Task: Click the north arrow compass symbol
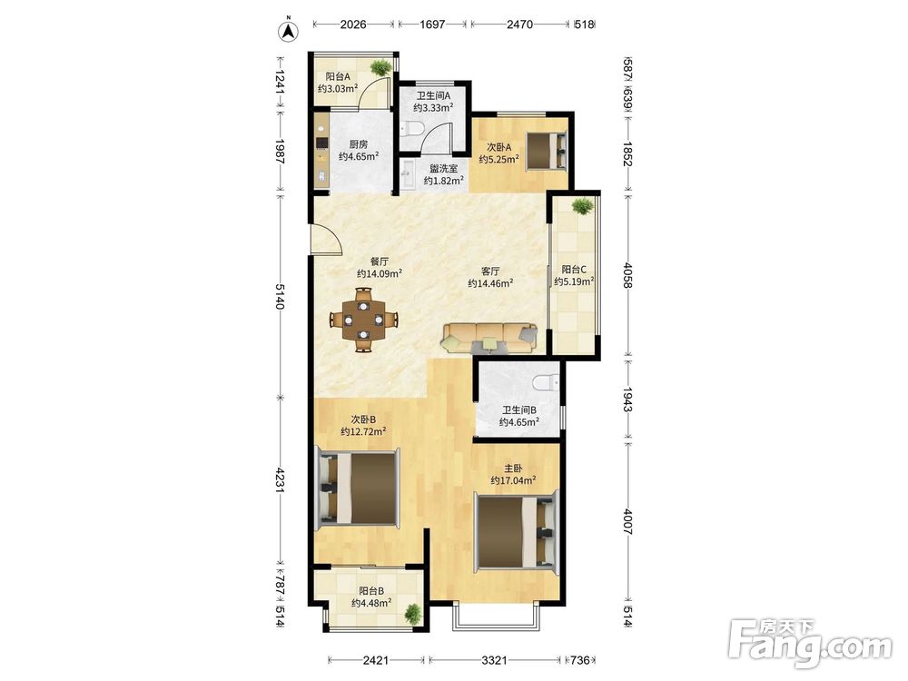click(288, 31)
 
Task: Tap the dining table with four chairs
click(363, 319)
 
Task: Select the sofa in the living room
click(490, 338)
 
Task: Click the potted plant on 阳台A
click(380, 68)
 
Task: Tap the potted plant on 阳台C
click(582, 205)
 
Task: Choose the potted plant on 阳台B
click(413, 613)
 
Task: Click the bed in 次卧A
click(546, 151)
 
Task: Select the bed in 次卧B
click(357, 490)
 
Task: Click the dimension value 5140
click(281, 297)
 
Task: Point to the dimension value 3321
click(495, 659)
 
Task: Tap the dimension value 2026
click(353, 25)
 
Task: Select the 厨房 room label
click(358, 144)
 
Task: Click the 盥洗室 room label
click(444, 169)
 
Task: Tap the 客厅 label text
click(490, 271)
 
